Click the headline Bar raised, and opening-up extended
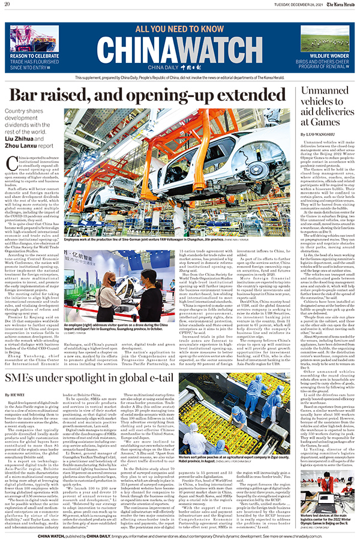(150, 96)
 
